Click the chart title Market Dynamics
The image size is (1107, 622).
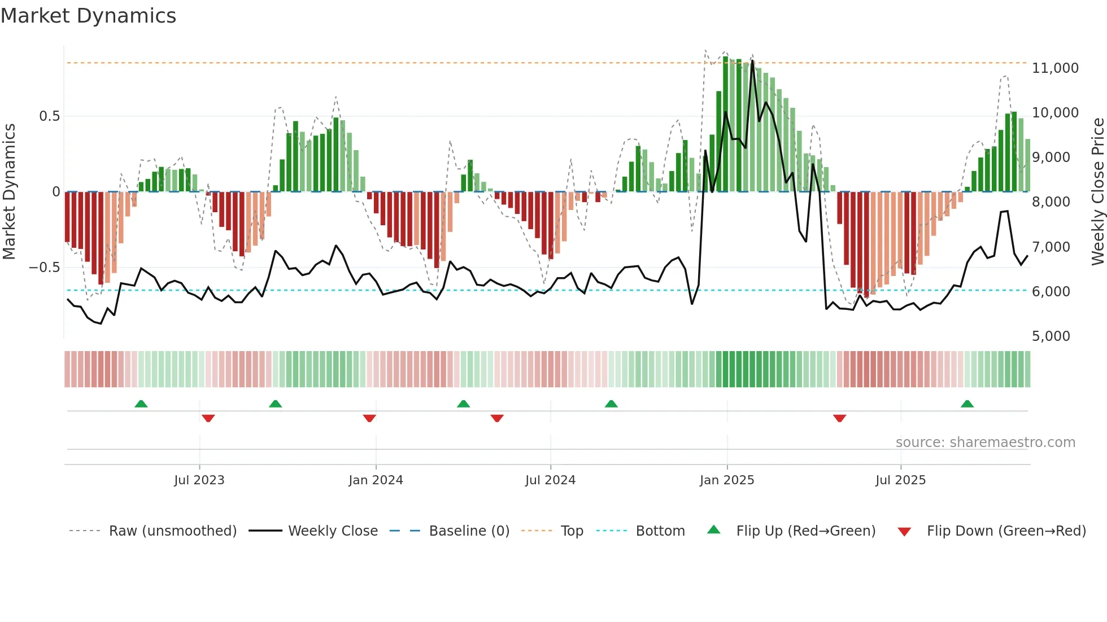[89, 16]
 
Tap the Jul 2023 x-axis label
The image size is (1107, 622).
[199, 480]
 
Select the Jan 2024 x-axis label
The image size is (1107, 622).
[376, 480]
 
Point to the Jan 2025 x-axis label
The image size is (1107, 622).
[727, 480]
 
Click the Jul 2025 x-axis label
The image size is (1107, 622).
[900, 480]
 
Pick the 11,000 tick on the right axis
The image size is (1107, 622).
[1055, 68]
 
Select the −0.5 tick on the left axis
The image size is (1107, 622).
[44, 268]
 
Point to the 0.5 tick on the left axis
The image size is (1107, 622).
[49, 116]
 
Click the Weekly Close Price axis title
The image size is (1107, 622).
[1097, 192]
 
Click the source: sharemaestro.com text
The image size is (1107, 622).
[985, 443]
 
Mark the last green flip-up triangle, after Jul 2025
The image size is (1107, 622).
[967, 404]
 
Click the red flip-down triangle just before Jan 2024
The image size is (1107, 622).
[369, 418]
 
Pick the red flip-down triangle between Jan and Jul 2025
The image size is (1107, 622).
[839, 418]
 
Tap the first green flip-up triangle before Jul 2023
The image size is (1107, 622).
[141, 404]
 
